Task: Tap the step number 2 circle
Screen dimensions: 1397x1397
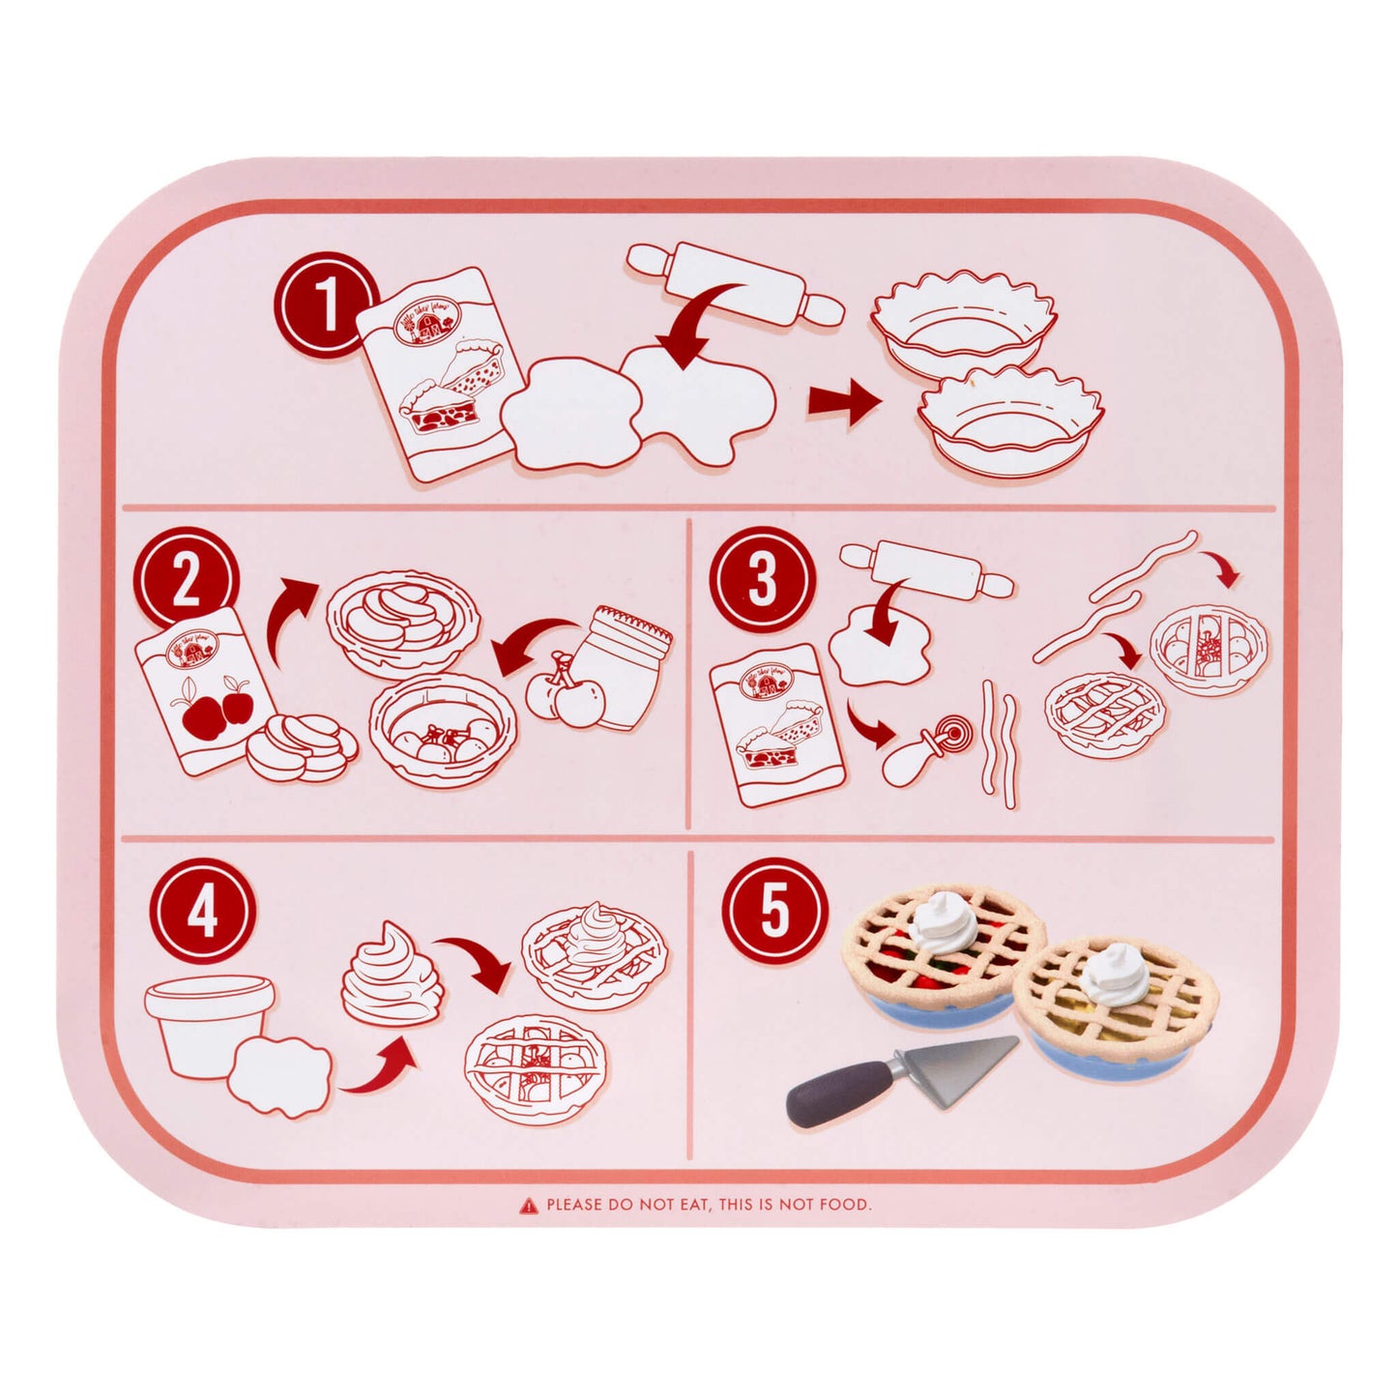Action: (x=185, y=580)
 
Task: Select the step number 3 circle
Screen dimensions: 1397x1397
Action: (x=762, y=579)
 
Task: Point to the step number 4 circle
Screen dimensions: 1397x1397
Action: (x=202, y=911)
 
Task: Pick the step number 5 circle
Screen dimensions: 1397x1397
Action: (x=775, y=911)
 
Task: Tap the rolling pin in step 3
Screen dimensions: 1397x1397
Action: (x=926, y=569)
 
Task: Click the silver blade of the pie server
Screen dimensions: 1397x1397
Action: (x=957, y=1060)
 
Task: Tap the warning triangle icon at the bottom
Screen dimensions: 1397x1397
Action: (x=529, y=1205)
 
